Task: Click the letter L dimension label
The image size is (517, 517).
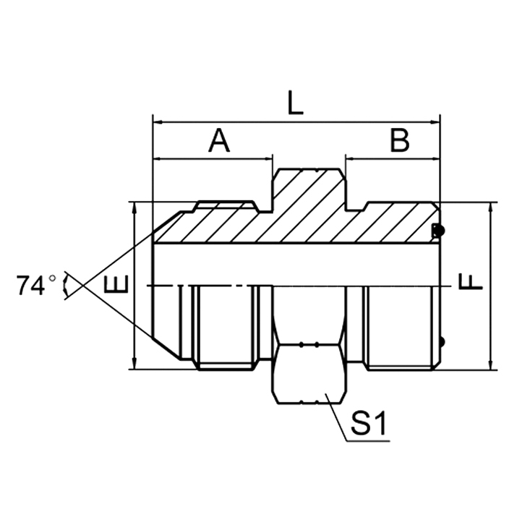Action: click(294, 104)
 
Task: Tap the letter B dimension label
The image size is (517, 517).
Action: click(399, 141)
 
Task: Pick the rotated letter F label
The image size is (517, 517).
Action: click(471, 281)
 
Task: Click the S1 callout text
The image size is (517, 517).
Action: click(370, 424)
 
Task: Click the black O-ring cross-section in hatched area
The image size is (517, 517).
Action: click(437, 231)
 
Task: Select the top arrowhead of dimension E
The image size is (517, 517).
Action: click(134, 208)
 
